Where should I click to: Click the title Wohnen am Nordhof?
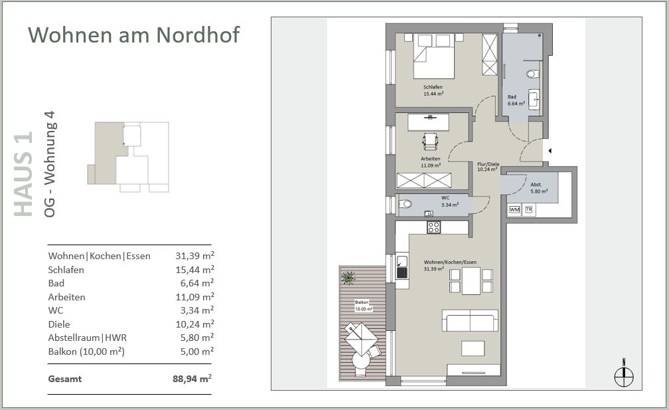point(134,35)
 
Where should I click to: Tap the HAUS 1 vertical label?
point(23,174)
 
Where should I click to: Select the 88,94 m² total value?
point(192,378)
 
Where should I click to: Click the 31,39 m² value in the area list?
point(194,255)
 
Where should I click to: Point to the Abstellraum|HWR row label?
point(88,338)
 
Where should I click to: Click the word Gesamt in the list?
point(65,379)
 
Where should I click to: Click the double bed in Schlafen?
point(433,56)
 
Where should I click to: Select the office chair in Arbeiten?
point(430,142)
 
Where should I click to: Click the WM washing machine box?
point(514,210)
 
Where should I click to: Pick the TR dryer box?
point(528,209)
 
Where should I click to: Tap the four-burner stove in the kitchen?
point(434,228)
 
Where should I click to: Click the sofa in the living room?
point(470,320)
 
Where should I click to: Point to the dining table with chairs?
point(471,280)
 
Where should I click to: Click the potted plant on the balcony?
point(348,278)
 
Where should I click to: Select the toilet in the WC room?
point(405,204)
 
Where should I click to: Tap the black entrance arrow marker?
point(550,151)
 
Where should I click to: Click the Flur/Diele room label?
point(488,164)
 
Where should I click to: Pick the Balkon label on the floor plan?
point(362,302)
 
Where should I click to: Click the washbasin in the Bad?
point(534,100)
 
